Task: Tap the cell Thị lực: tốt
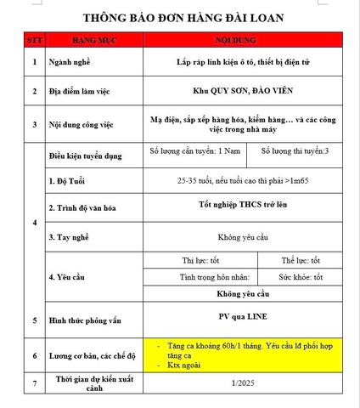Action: tap(200, 260)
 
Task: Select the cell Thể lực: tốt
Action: tap(301, 260)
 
